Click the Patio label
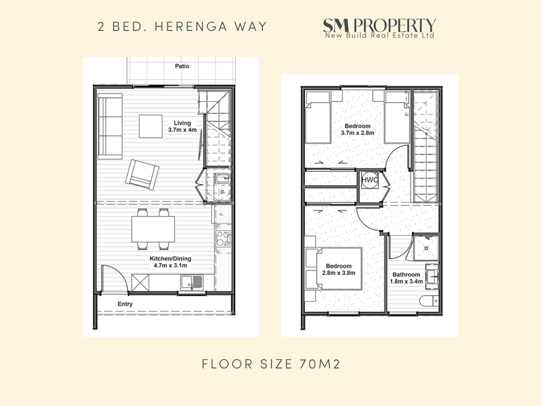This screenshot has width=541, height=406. pos(182,66)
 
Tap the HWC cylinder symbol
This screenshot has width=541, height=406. pos(370,180)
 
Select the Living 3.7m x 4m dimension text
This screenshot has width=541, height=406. pos(182,126)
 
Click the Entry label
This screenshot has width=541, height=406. pos(125,304)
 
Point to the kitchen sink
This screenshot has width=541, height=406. pos(192,282)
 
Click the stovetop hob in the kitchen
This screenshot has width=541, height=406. pos(223,239)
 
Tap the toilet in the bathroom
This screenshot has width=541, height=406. pos(429,300)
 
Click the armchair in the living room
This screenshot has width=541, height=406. pos(142,174)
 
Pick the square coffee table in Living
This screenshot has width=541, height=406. pos(151,126)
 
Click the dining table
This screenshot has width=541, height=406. pos(153,229)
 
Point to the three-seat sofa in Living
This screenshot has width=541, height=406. pos(110,126)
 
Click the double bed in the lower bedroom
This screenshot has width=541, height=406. pos(339,269)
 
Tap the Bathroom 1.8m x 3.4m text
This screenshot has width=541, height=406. pos(406,278)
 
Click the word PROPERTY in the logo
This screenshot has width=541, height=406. pos(395,25)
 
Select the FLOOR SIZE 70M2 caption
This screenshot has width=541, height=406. pos(271,364)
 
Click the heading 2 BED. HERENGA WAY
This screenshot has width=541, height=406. pos(182,27)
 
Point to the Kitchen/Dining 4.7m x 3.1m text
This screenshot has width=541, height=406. pos(170,262)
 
